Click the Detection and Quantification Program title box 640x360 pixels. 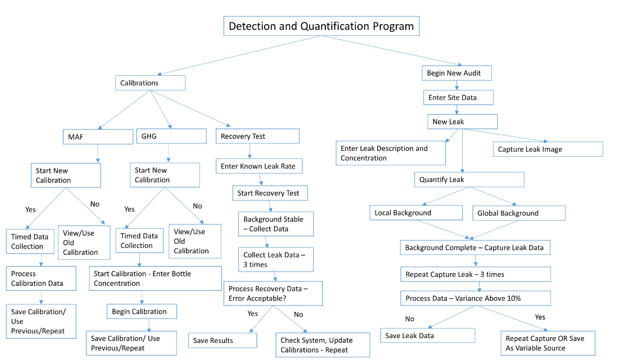[x=321, y=26]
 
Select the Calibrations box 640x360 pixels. [x=150, y=83]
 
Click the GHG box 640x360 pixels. [x=171, y=136]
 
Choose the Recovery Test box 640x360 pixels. [x=258, y=136]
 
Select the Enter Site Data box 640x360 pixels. [x=459, y=98]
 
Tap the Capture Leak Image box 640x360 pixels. [x=548, y=149]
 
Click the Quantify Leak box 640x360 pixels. [x=469, y=180]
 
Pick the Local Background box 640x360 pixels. [x=416, y=213]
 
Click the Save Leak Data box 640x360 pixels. [x=427, y=335]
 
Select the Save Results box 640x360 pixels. [x=222, y=340]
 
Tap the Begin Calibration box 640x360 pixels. [x=141, y=311]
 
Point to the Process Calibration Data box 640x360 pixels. [x=41, y=278]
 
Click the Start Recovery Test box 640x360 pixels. [x=270, y=193]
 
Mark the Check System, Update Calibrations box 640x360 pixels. [x=323, y=345]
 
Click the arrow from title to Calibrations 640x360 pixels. [x=240, y=55]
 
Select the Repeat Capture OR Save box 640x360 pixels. [x=548, y=343]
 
